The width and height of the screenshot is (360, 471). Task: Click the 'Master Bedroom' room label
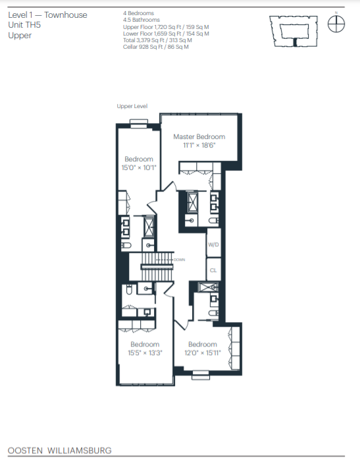click(x=199, y=137)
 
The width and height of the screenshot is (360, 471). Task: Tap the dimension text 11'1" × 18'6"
click(x=199, y=145)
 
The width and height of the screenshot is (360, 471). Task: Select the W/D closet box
click(x=213, y=245)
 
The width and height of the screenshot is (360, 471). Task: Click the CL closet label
click(x=213, y=269)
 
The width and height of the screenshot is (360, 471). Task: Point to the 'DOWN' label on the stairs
click(x=178, y=260)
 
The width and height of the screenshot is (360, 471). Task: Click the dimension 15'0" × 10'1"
click(x=139, y=167)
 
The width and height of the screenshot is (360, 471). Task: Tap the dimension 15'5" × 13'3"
click(x=145, y=352)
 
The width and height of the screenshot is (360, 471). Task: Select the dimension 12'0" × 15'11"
click(x=202, y=352)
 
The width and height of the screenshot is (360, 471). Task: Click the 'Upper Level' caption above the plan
click(x=132, y=106)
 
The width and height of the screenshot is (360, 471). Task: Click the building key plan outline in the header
click(x=296, y=30)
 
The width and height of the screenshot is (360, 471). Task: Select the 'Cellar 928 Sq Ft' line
click(x=156, y=47)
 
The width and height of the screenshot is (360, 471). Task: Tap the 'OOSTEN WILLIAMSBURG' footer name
click(x=59, y=451)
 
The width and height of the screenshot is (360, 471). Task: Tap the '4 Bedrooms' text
click(x=139, y=13)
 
